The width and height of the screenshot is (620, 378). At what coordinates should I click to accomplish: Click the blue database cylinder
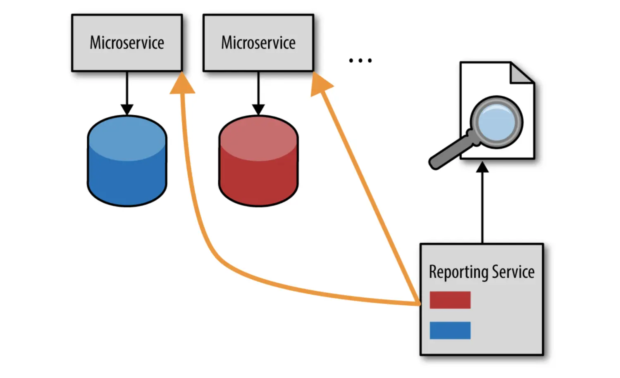[x=127, y=161]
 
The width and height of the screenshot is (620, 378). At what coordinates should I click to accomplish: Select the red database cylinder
[x=258, y=161]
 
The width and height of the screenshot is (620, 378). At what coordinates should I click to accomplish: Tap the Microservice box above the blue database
[x=127, y=43]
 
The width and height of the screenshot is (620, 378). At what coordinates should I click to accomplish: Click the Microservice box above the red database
[x=258, y=43]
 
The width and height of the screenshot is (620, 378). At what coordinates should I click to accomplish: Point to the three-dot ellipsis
[x=360, y=61]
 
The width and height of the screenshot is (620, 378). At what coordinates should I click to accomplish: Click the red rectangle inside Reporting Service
[x=450, y=300]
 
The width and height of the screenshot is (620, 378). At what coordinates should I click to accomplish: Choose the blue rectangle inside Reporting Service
[x=450, y=330]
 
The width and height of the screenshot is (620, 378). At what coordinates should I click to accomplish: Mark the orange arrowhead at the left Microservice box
[x=182, y=85]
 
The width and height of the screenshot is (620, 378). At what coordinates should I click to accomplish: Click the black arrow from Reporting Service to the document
[x=482, y=202]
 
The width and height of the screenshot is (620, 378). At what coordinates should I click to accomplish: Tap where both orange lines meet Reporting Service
[x=418, y=304]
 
